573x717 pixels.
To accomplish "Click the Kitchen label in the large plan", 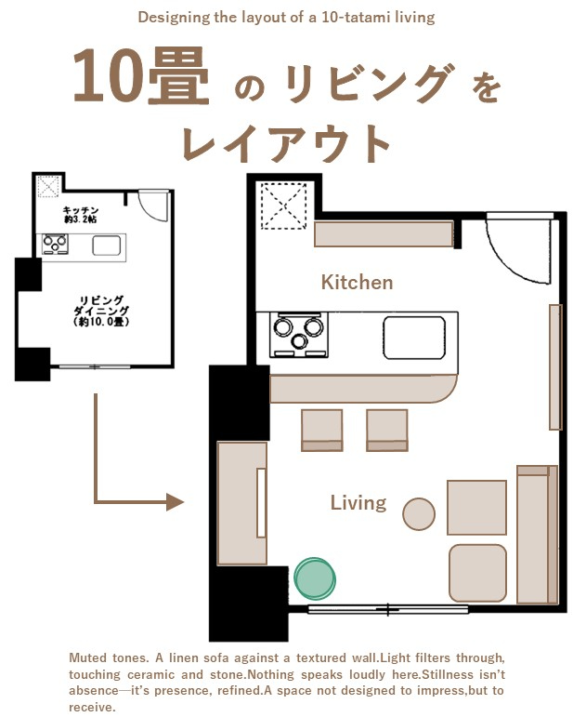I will [357, 282].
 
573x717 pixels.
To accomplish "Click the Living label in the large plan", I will [358, 503].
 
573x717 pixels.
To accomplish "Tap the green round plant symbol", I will [315, 578].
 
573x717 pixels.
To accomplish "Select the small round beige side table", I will [419, 513].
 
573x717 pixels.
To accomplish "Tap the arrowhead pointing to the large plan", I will [175, 502].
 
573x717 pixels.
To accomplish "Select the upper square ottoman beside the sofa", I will [476, 508].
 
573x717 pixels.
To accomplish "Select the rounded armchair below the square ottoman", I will [477, 573].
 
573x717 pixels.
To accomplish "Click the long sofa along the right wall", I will [538, 534].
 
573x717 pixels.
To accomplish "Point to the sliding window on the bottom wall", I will [388, 610].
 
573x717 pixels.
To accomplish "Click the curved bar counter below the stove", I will [362, 388].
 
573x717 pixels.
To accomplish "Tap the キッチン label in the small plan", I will [82, 212].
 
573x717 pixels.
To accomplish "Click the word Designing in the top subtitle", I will [170, 18].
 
